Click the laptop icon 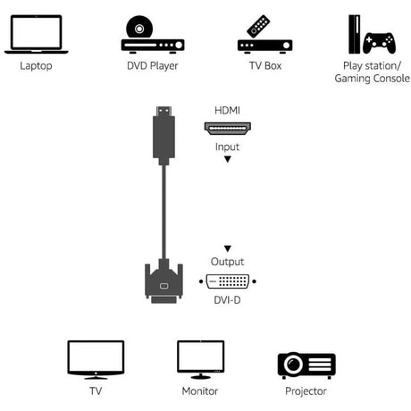(x=34, y=34)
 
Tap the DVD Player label (x=152, y=65)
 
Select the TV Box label (x=265, y=65)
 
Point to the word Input (x=227, y=146)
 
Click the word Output (x=228, y=262)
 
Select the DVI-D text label (x=228, y=299)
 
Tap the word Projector (x=306, y=391)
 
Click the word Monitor (x=201, y=391)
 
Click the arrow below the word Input (x=228, y=159)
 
